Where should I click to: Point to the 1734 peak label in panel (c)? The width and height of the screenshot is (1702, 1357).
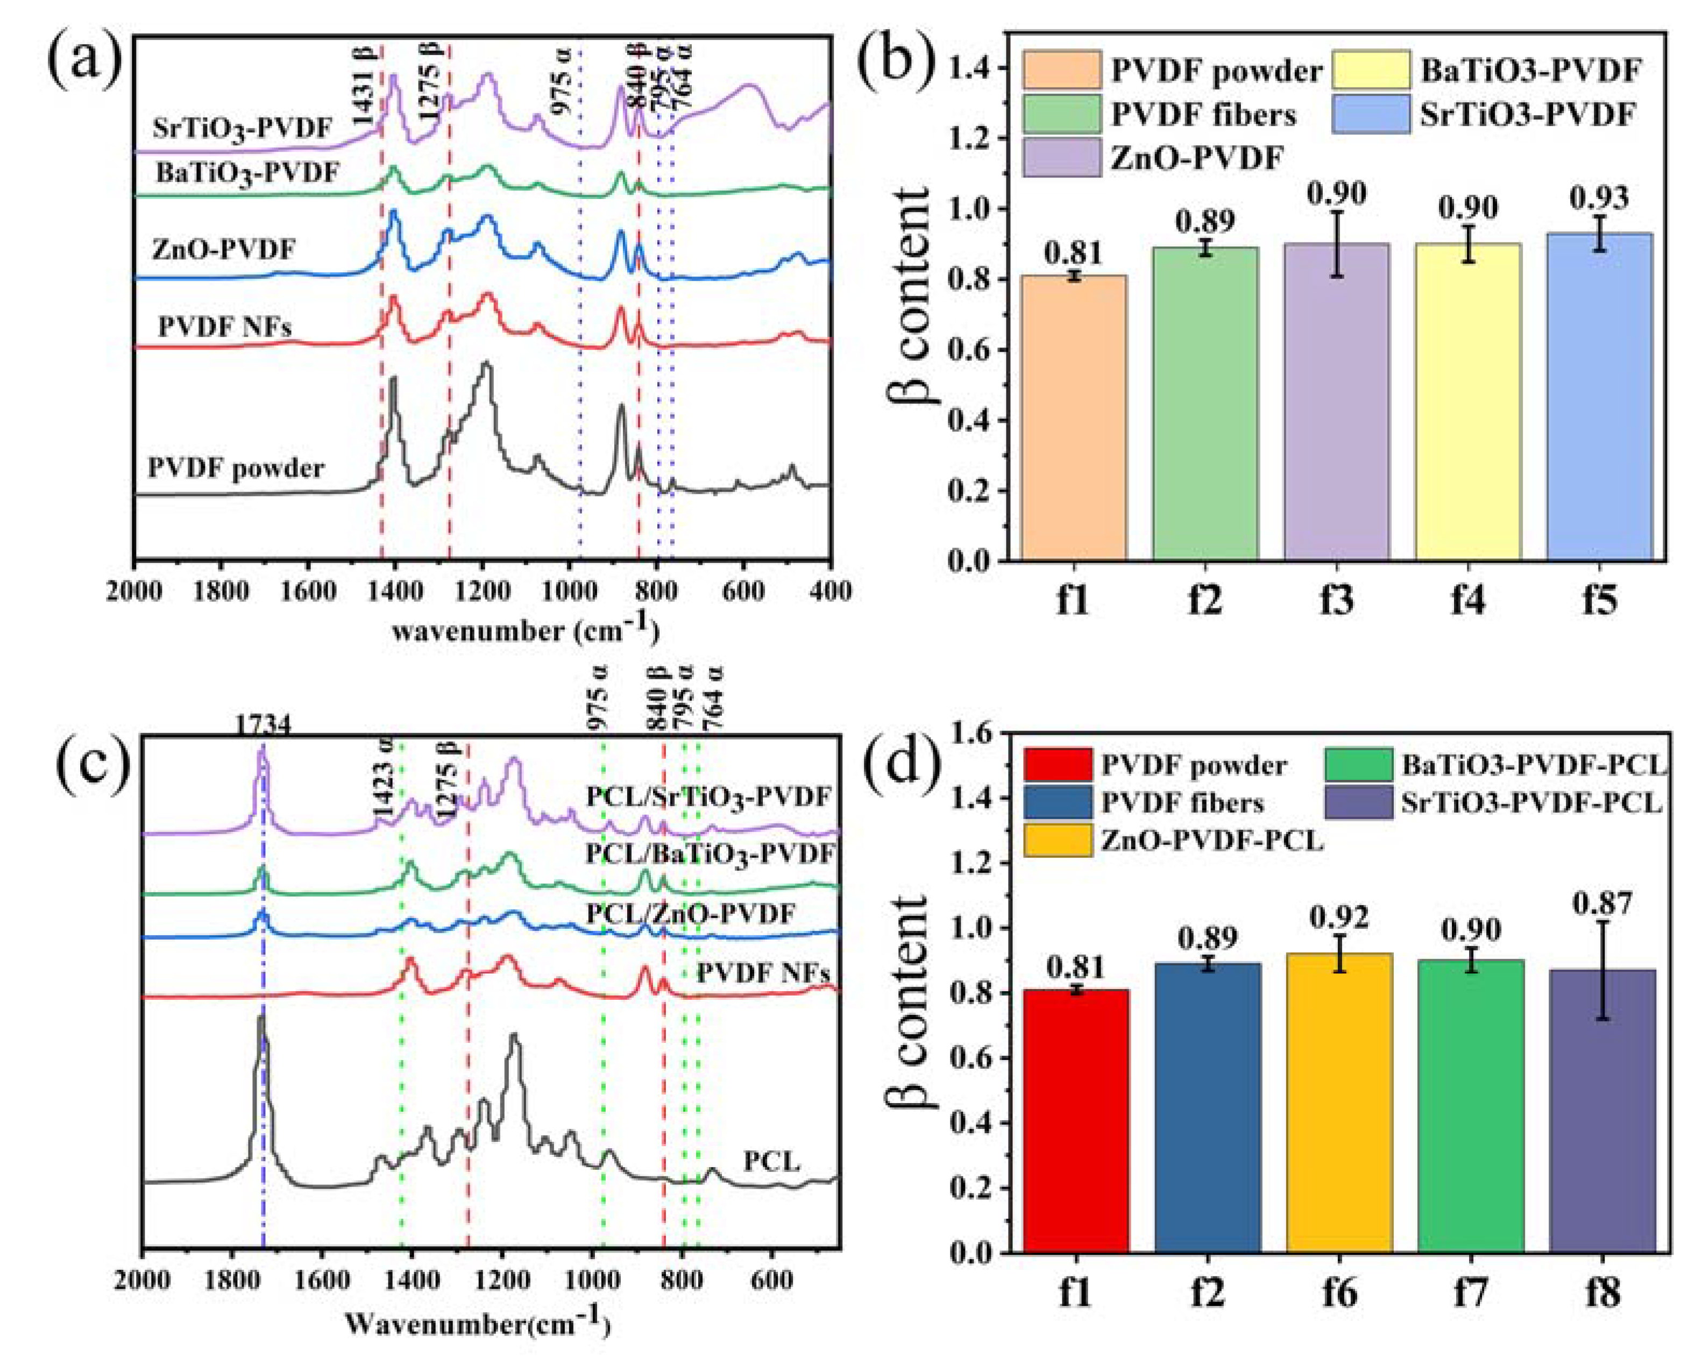(263, 724)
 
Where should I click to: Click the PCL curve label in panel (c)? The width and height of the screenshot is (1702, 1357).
(771, 1161)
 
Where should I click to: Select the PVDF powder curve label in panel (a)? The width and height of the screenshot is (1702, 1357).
(236, 469)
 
